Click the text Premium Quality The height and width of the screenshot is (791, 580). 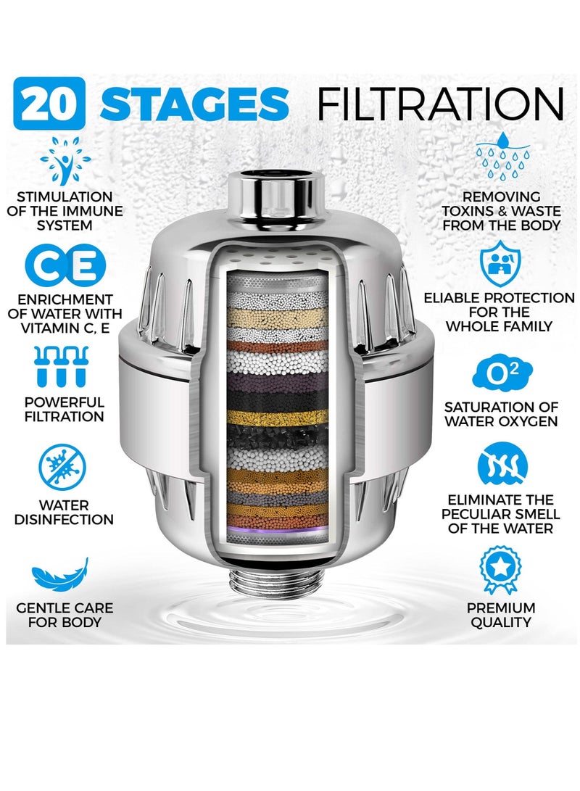(x=500, y=615)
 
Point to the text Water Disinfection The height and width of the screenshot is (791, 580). (x=66, y=512)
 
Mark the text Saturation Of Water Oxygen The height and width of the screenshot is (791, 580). (x=500, y=414)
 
